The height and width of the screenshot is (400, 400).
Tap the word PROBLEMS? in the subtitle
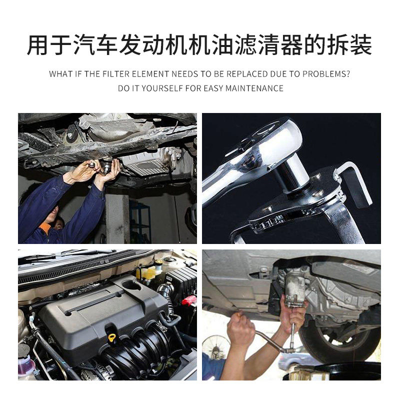326,74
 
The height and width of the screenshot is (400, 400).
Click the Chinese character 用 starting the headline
37,45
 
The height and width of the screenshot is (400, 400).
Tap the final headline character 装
361,45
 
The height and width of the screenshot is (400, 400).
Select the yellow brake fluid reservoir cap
147,273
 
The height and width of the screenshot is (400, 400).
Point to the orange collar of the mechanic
45,228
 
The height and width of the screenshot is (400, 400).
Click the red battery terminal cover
189,300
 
